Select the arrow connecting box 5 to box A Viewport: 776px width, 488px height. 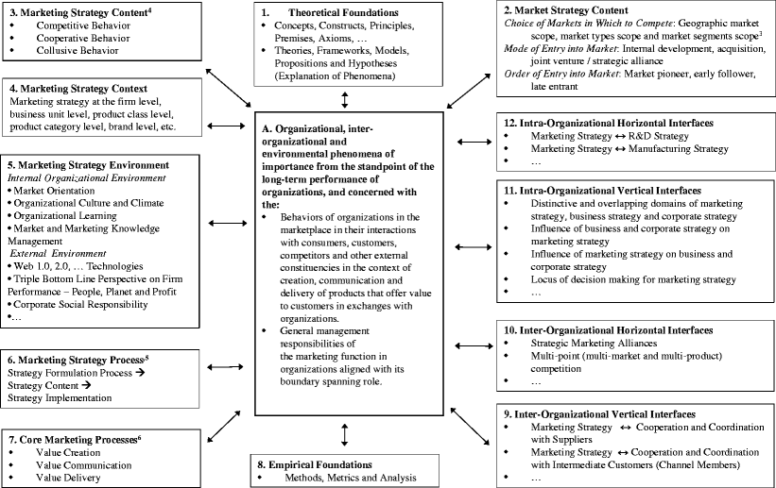coord(230,223)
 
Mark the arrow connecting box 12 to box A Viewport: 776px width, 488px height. coord(473,142)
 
